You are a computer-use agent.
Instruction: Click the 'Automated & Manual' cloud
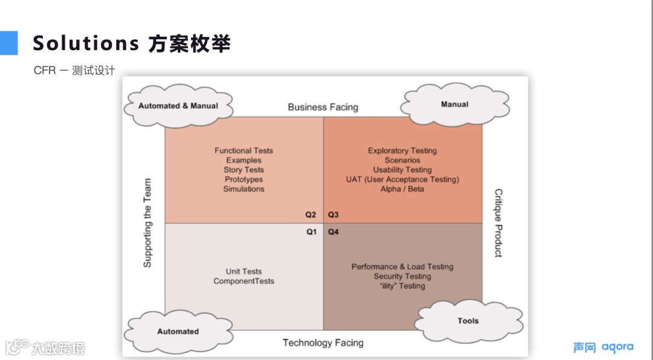click(178, 106)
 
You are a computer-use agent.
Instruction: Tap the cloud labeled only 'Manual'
click(455, 105)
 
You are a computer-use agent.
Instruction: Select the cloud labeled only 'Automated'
click(178, 332)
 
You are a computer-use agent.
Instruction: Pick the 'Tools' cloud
click(468, 321)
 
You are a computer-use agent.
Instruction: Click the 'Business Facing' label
click(323, 107)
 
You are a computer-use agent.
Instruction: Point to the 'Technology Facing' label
click(323, 343)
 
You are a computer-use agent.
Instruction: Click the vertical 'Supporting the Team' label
click(148, 223)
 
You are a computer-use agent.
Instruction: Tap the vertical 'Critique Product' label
click(498, 223)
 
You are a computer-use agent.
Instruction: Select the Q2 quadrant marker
click(311, 215)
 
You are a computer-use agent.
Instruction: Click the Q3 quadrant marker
click(333, 215)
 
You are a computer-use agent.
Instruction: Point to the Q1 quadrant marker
click(311, 232)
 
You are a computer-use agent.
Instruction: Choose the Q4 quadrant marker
click(333, 232)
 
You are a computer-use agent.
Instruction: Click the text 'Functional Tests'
click(244, 151)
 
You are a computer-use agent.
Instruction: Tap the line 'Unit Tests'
click(244, 272)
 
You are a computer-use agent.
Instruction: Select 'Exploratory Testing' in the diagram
click(402, 151)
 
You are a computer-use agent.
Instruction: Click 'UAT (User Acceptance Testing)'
click(402, 180)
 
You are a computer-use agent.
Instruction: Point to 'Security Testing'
click(402, 277)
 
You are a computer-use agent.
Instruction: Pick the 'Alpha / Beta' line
click(402, 189)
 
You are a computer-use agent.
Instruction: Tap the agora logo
click(617, 347)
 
